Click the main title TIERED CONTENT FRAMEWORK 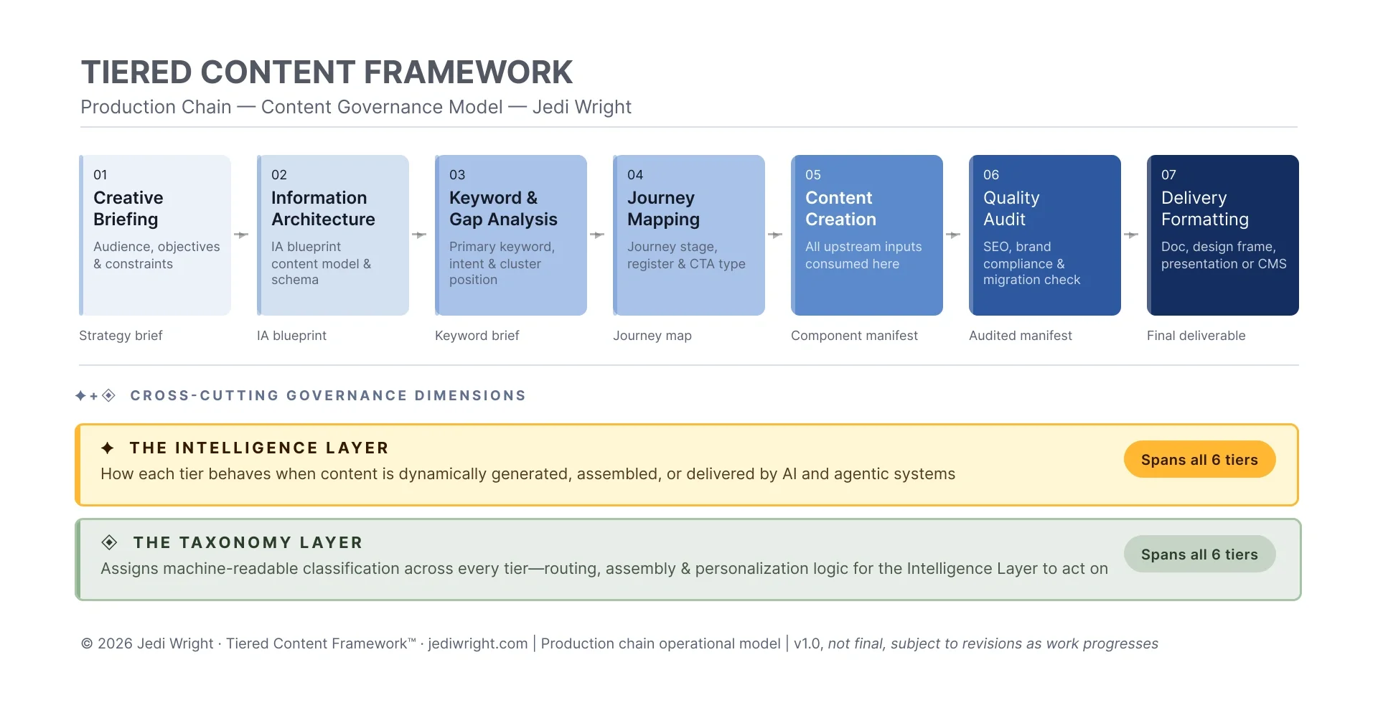[327, 72]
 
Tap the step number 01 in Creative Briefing [100, 175]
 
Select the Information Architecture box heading [323, 208]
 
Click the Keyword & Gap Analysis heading [502, 208]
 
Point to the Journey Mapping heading [663, 208]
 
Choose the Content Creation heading [840, 208]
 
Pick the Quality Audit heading [1011, 208]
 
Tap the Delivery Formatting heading [1204, 208]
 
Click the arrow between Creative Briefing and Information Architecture [241, 235]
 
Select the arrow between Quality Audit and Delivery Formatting [1131, 235]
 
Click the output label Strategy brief [121, 336]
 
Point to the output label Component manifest [854, 336]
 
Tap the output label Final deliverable [1196, 336]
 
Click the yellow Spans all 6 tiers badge [1199, 460]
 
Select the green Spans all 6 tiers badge [1199, 555]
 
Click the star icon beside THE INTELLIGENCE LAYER [108, 448]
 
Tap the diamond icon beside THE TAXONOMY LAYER [109, 542]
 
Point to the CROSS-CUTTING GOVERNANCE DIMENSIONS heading [328, 396]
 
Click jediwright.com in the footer [477, 644]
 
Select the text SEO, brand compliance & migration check [1031, 263]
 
